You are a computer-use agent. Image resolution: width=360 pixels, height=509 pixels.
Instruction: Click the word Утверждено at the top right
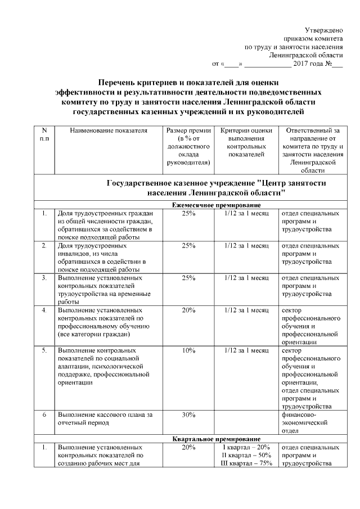[x=323, y=29]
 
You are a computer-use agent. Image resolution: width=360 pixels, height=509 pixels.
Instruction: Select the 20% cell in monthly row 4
[x=188, y=310]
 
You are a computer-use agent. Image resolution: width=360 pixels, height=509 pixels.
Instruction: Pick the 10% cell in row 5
[x=188, y=350]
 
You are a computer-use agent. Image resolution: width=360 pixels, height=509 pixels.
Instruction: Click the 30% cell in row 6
[x=188, y=415]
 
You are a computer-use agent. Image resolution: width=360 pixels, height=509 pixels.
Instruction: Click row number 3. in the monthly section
[x=44, y=278]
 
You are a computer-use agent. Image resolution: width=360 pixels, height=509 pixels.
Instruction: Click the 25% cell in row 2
[x=188, y=246]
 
